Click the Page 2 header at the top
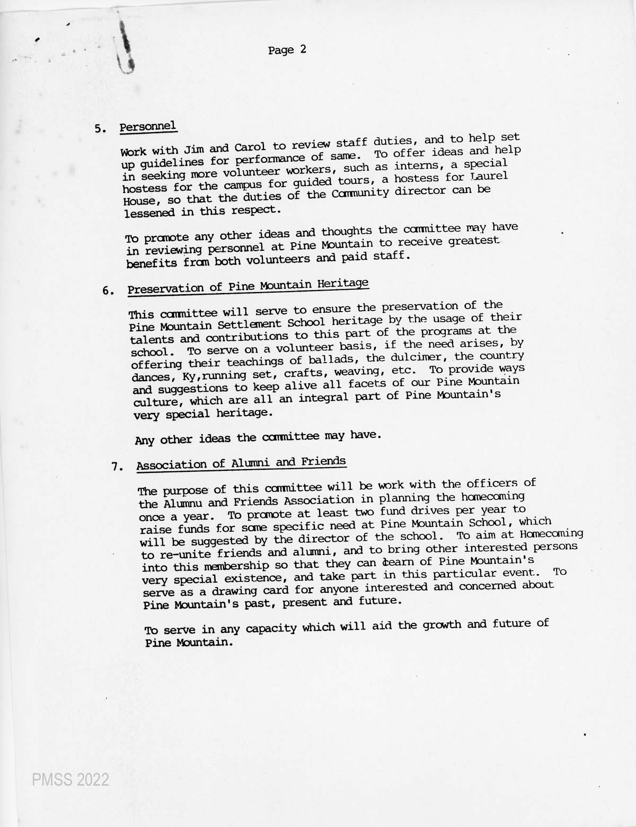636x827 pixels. pyautogui.click(x=287, y=50)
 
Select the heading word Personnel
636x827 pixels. pyautogui.click(x=148, y=127)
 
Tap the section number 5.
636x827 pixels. pyautogui.click(x=100, y=129)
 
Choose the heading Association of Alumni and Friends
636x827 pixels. pyautogui.click(x=241, y=463)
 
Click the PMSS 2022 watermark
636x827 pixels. pyautogui.click(x=70, y=780)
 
